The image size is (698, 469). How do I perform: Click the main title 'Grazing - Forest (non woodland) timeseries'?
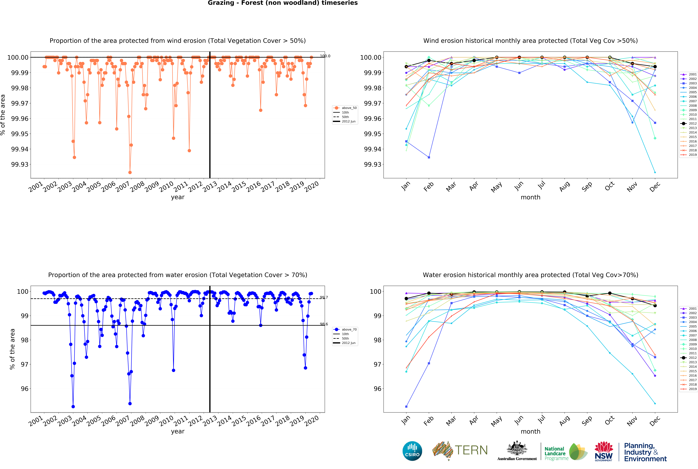pyautogui.click(x=283, y=3)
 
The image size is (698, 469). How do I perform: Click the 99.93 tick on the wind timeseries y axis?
pyautogui.click(x=20, y=164)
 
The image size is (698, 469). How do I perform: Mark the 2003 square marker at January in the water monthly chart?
pyautogui.click(x=406, y=407)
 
